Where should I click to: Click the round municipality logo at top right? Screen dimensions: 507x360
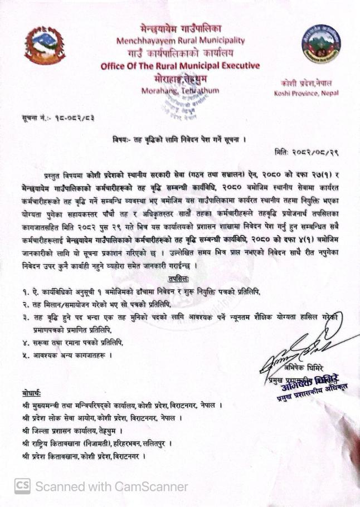coord(320,44)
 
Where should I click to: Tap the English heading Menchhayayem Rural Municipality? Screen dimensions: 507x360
coord(180,41)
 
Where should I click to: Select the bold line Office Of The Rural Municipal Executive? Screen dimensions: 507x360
coord(180,66)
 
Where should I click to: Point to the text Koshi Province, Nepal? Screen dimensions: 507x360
coord(306,93)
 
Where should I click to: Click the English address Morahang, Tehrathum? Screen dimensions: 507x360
coord(180,90)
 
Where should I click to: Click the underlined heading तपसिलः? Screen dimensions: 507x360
coord(179,278)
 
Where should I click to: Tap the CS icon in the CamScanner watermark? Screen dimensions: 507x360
coord(22,486)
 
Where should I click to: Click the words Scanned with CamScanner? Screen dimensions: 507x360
coord(111,486)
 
